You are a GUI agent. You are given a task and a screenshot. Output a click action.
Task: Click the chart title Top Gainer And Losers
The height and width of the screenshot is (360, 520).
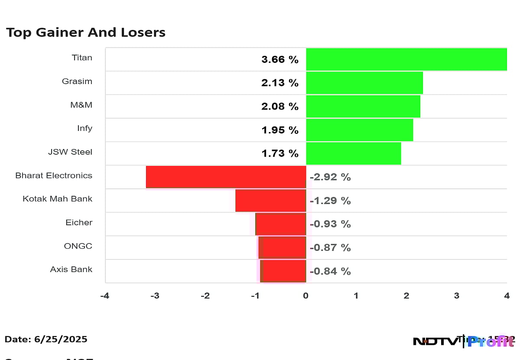point(85,32)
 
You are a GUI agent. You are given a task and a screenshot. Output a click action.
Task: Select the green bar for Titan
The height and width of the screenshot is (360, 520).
point(406,59)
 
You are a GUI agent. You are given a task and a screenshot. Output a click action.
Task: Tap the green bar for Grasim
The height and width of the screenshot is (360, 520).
point(364,83)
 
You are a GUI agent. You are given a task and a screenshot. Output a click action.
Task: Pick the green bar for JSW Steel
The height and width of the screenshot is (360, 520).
point(353,153)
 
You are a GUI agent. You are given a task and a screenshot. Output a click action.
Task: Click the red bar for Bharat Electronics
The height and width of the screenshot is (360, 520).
point(226,177)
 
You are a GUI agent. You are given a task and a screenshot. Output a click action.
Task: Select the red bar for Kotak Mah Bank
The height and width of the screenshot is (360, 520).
point(270,201)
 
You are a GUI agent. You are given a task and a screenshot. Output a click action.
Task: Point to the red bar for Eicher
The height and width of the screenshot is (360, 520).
point(281,224)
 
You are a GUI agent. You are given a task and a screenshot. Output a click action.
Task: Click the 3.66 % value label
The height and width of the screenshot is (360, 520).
point(279,60)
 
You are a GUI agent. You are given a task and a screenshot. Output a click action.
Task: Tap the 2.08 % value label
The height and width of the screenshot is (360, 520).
point(279,107)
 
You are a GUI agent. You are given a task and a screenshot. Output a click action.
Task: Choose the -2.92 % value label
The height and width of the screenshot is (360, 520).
point(330,177)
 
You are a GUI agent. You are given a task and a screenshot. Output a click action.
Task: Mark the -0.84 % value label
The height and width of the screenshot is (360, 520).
point(330,271)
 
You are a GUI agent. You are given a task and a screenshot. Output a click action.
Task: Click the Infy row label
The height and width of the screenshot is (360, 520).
point(84,128)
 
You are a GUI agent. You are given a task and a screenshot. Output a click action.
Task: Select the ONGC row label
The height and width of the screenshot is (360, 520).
point(78,246)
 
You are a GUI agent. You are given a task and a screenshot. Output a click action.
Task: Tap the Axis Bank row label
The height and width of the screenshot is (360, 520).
point(71,269)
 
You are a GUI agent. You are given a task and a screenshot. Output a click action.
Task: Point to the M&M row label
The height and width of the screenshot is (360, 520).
point(82,105)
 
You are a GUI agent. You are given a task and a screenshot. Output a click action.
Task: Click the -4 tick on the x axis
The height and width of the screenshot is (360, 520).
point(104,296)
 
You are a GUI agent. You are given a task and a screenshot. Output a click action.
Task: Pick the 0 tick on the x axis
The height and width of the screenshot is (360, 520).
point(305,296)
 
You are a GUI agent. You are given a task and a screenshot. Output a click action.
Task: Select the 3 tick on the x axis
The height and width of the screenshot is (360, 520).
point(456,296)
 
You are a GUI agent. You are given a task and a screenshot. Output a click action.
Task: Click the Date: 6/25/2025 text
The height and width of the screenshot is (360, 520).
point(46,339)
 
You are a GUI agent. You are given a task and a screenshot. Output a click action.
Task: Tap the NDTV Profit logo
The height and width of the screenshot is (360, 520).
point(464,341)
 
